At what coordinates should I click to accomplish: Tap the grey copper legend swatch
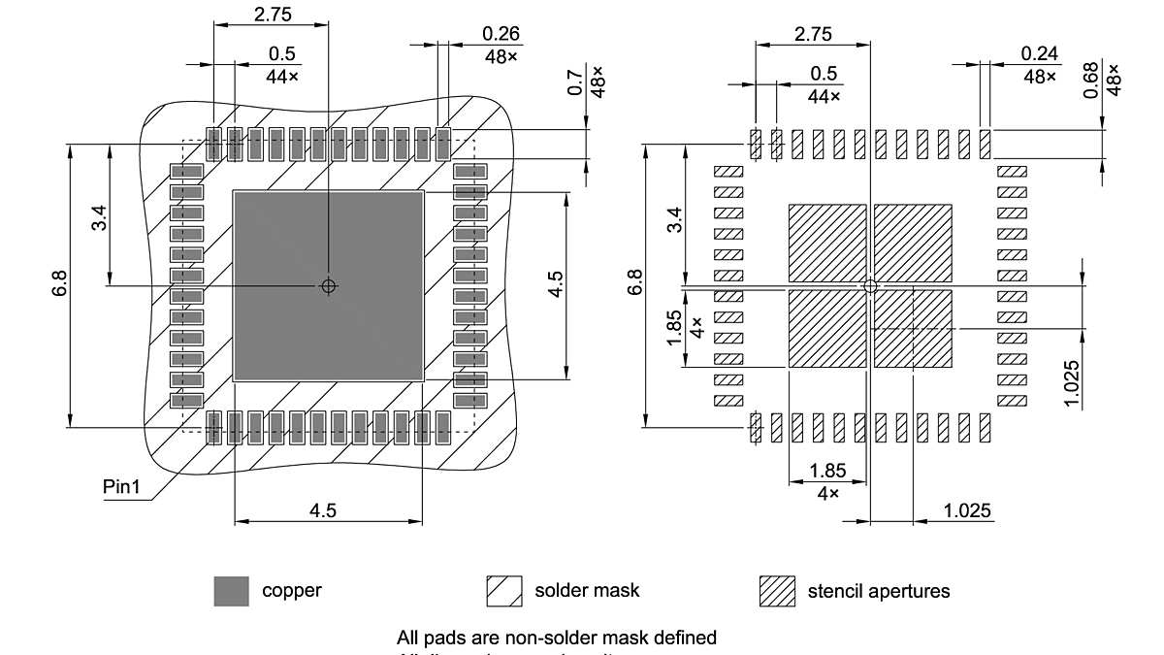(x=231, y=590)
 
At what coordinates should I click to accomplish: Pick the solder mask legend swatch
(x=504, y=590)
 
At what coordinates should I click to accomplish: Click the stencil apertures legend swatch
(x=777, y=590)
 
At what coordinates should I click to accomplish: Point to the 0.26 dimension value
(x=501, y=34)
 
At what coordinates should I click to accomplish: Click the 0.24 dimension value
(x=1040, y=53)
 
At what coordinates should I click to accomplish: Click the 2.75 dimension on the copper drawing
(x=272, y=14)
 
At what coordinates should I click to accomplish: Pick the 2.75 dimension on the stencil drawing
(x=813, y=34)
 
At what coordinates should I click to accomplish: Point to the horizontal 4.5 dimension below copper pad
(x=323, y=510)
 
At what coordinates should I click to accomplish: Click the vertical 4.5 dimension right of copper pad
(x=556, y=284)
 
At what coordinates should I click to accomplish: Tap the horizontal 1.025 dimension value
(x=967, y=510)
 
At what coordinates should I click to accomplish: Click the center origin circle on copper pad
(x=328, y=285)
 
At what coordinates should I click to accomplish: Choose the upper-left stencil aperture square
(x=826, y=243)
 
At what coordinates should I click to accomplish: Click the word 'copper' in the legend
(x=291, y=590)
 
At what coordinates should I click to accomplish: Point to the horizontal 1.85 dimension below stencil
(x=827, y=472)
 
